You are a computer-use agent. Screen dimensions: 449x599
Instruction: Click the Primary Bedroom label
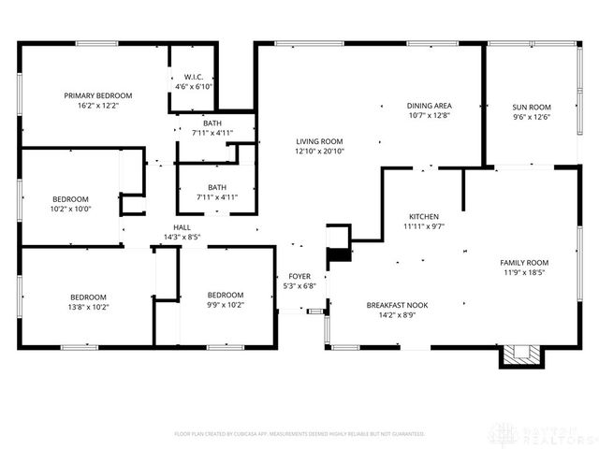pyautogui.click(x=97, y=95)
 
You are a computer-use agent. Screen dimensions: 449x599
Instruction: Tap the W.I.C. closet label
pyautogui.click(x=194, y=77)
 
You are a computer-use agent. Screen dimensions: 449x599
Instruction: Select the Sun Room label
pyautogui.click(x=531, y=107)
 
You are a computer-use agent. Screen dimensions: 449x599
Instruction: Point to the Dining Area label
pyautogui.click(x=430, y=106)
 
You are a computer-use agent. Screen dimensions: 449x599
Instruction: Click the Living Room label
pyautogui.click(x=319, y=140)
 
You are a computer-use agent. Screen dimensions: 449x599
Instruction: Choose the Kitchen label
pyautogui.click(x=423, y=216)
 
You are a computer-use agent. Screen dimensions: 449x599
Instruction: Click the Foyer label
pyautogui.click(x=299, y=276)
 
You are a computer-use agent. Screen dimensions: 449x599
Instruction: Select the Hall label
pyautogui.click(x=182, y=227)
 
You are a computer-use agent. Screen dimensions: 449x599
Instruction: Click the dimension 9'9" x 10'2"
pyautogui.click(x=225, y=304)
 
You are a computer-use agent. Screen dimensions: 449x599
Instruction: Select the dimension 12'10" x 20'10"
pyautogui.click(x=319, y=151)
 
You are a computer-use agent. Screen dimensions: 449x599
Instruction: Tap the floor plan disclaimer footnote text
pyautogui.click(x=299, y=434)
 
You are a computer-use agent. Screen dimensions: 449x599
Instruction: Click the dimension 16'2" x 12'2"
pyautogui.click(x=97, y=106)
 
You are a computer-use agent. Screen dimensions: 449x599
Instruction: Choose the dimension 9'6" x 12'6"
pyautogui.click(x=531, y=117)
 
